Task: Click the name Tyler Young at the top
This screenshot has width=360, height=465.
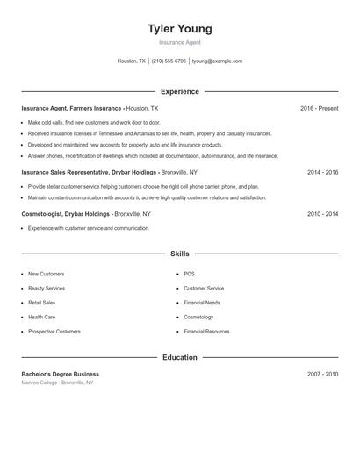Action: tap(179, 29)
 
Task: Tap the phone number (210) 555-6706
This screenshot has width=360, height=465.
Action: tap(169, 61)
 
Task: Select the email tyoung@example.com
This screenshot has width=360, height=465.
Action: tap(217, 61)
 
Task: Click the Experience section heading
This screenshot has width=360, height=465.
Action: tap(179, 91)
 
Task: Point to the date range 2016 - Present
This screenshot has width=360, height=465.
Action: tap(319, 108)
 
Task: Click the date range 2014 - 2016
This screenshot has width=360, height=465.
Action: tap(322, 173)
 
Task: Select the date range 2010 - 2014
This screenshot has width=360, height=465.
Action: tap(322, 214)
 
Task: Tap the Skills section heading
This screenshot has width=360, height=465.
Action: tap(179, 254)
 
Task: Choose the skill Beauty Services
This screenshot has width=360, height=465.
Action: tap(47, 289)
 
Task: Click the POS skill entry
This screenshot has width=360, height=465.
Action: tap(189, 274)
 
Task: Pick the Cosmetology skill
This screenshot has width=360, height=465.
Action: tap(198, 317)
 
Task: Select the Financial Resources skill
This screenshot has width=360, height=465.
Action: tap(206, 332)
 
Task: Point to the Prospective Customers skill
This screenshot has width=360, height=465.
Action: tap(54, 332)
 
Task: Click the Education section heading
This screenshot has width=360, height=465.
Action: tap(179, 358)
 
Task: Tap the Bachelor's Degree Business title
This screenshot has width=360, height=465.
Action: tap(61, 374)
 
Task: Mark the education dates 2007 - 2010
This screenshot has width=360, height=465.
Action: tap(322, 374)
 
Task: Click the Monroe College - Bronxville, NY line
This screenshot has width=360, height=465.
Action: tap(57, 383)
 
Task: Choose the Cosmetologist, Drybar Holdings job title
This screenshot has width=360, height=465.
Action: tap(66, 214)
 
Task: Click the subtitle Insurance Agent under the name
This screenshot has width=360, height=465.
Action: tap(179, 42)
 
